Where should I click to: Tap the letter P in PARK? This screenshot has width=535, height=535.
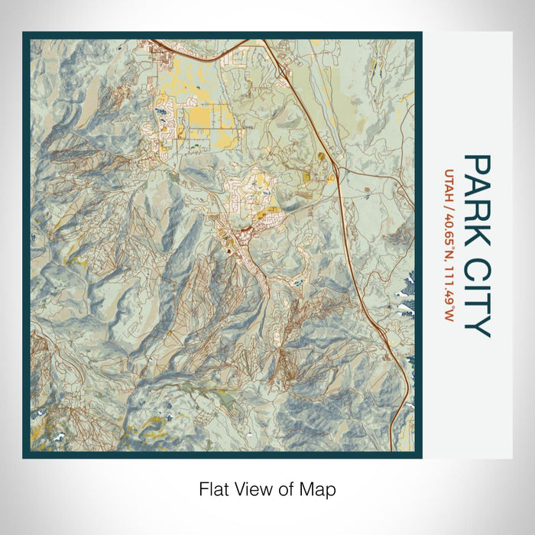coord(478,164)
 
